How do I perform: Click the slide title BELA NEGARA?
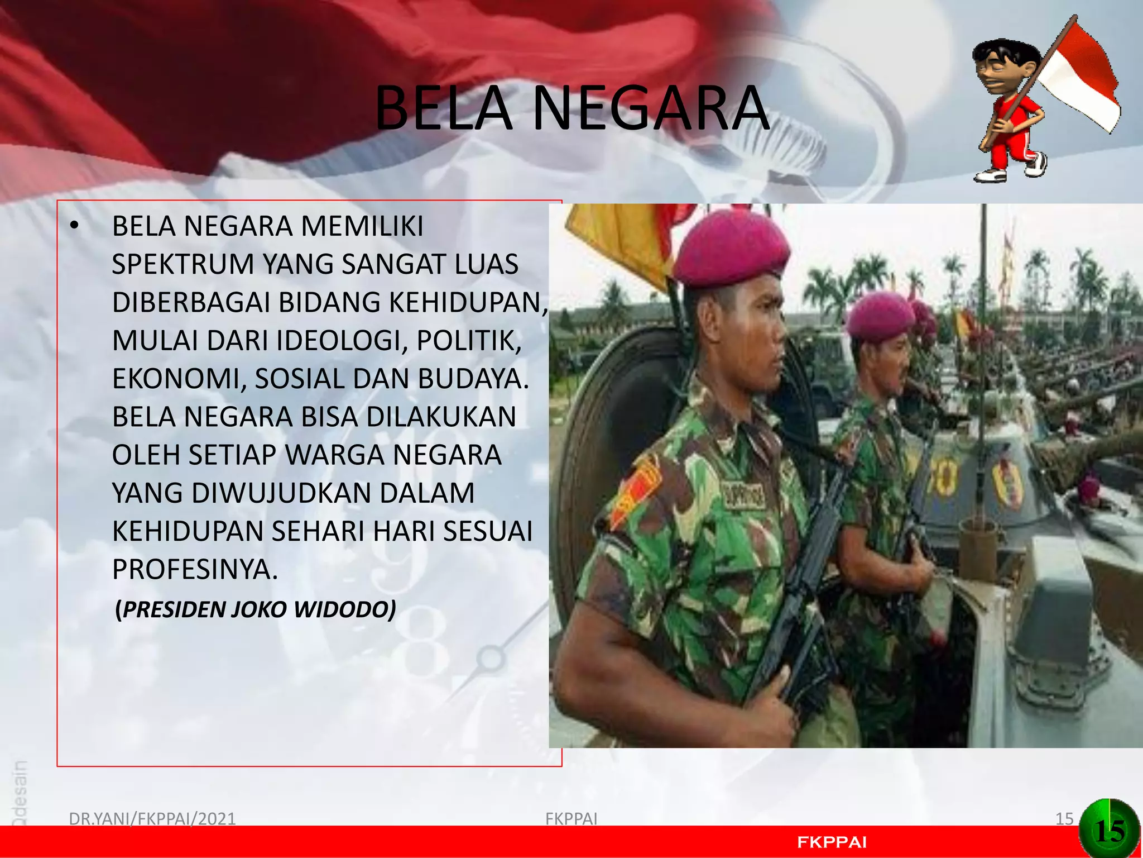(x=571, y=108)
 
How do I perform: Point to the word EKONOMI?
(x=179, y=379)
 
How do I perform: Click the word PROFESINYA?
(x=195, y=569)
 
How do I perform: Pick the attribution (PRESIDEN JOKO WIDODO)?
(x=256, y=609)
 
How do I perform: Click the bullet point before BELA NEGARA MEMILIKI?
(x=74, y=227)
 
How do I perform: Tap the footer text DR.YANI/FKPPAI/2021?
(x=152, y=818)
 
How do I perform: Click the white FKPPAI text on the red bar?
(x=832, y=842)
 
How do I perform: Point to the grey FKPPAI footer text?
(x=571, y=818)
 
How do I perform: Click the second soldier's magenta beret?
(x=879, y=316)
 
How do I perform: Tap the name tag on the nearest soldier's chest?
(x=745, y=494)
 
